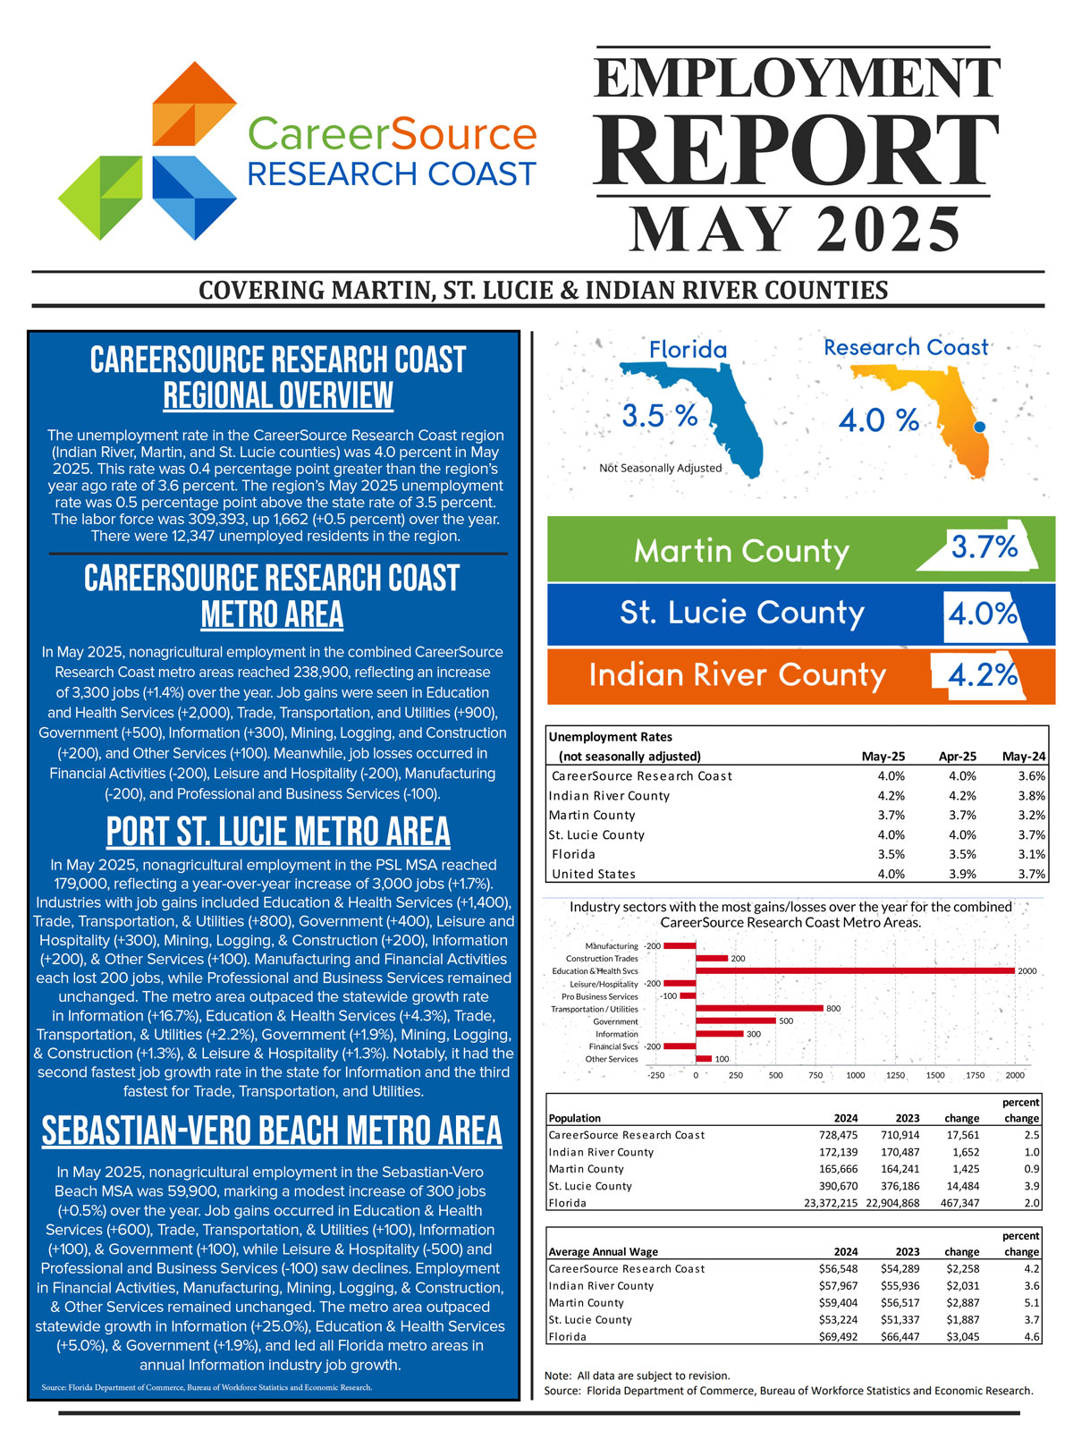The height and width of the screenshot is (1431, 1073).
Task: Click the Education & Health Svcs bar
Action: (855, 970)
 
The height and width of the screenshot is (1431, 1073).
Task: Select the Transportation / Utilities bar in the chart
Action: (759, 1008)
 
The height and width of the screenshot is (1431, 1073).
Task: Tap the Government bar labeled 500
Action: (735, 1020)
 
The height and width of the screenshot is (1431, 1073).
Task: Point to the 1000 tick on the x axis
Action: (855, 1075)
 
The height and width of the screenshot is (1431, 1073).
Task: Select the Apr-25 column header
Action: (957, 756)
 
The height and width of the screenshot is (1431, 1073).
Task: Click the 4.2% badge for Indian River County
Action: (983, 675)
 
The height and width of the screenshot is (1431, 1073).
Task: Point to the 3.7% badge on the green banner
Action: (984, 546)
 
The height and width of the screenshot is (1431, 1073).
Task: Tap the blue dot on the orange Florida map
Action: (978, 428)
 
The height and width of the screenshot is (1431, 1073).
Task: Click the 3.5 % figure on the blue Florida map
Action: (659, 416)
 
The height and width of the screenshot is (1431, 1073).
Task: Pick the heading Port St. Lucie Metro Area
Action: (278, 832)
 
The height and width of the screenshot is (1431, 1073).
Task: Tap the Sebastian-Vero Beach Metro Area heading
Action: (272, 1130)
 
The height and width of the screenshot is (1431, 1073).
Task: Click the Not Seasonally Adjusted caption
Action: (660, 468)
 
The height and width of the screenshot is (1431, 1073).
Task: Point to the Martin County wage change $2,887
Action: (962, 1302)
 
